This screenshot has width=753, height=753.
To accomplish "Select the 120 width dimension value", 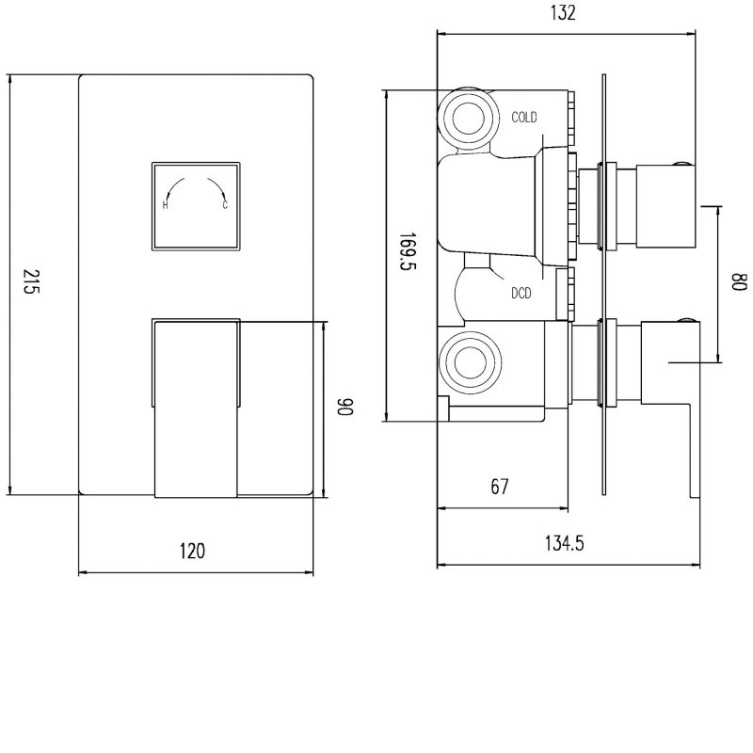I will click(192, 552).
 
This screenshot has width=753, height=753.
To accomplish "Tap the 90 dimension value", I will click(346, 409).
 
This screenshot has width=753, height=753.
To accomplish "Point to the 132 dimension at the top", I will click(565, 13).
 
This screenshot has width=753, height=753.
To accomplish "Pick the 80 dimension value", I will click(739, 282).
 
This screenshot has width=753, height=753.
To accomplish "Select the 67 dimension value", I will click(500, 487).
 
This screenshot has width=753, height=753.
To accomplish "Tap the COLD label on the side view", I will click(524, 118).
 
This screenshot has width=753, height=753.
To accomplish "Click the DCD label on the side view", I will click(521, 294).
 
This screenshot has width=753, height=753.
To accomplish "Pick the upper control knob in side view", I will click(665, 205).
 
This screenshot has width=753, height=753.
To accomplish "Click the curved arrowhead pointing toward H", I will click(169, 192).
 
